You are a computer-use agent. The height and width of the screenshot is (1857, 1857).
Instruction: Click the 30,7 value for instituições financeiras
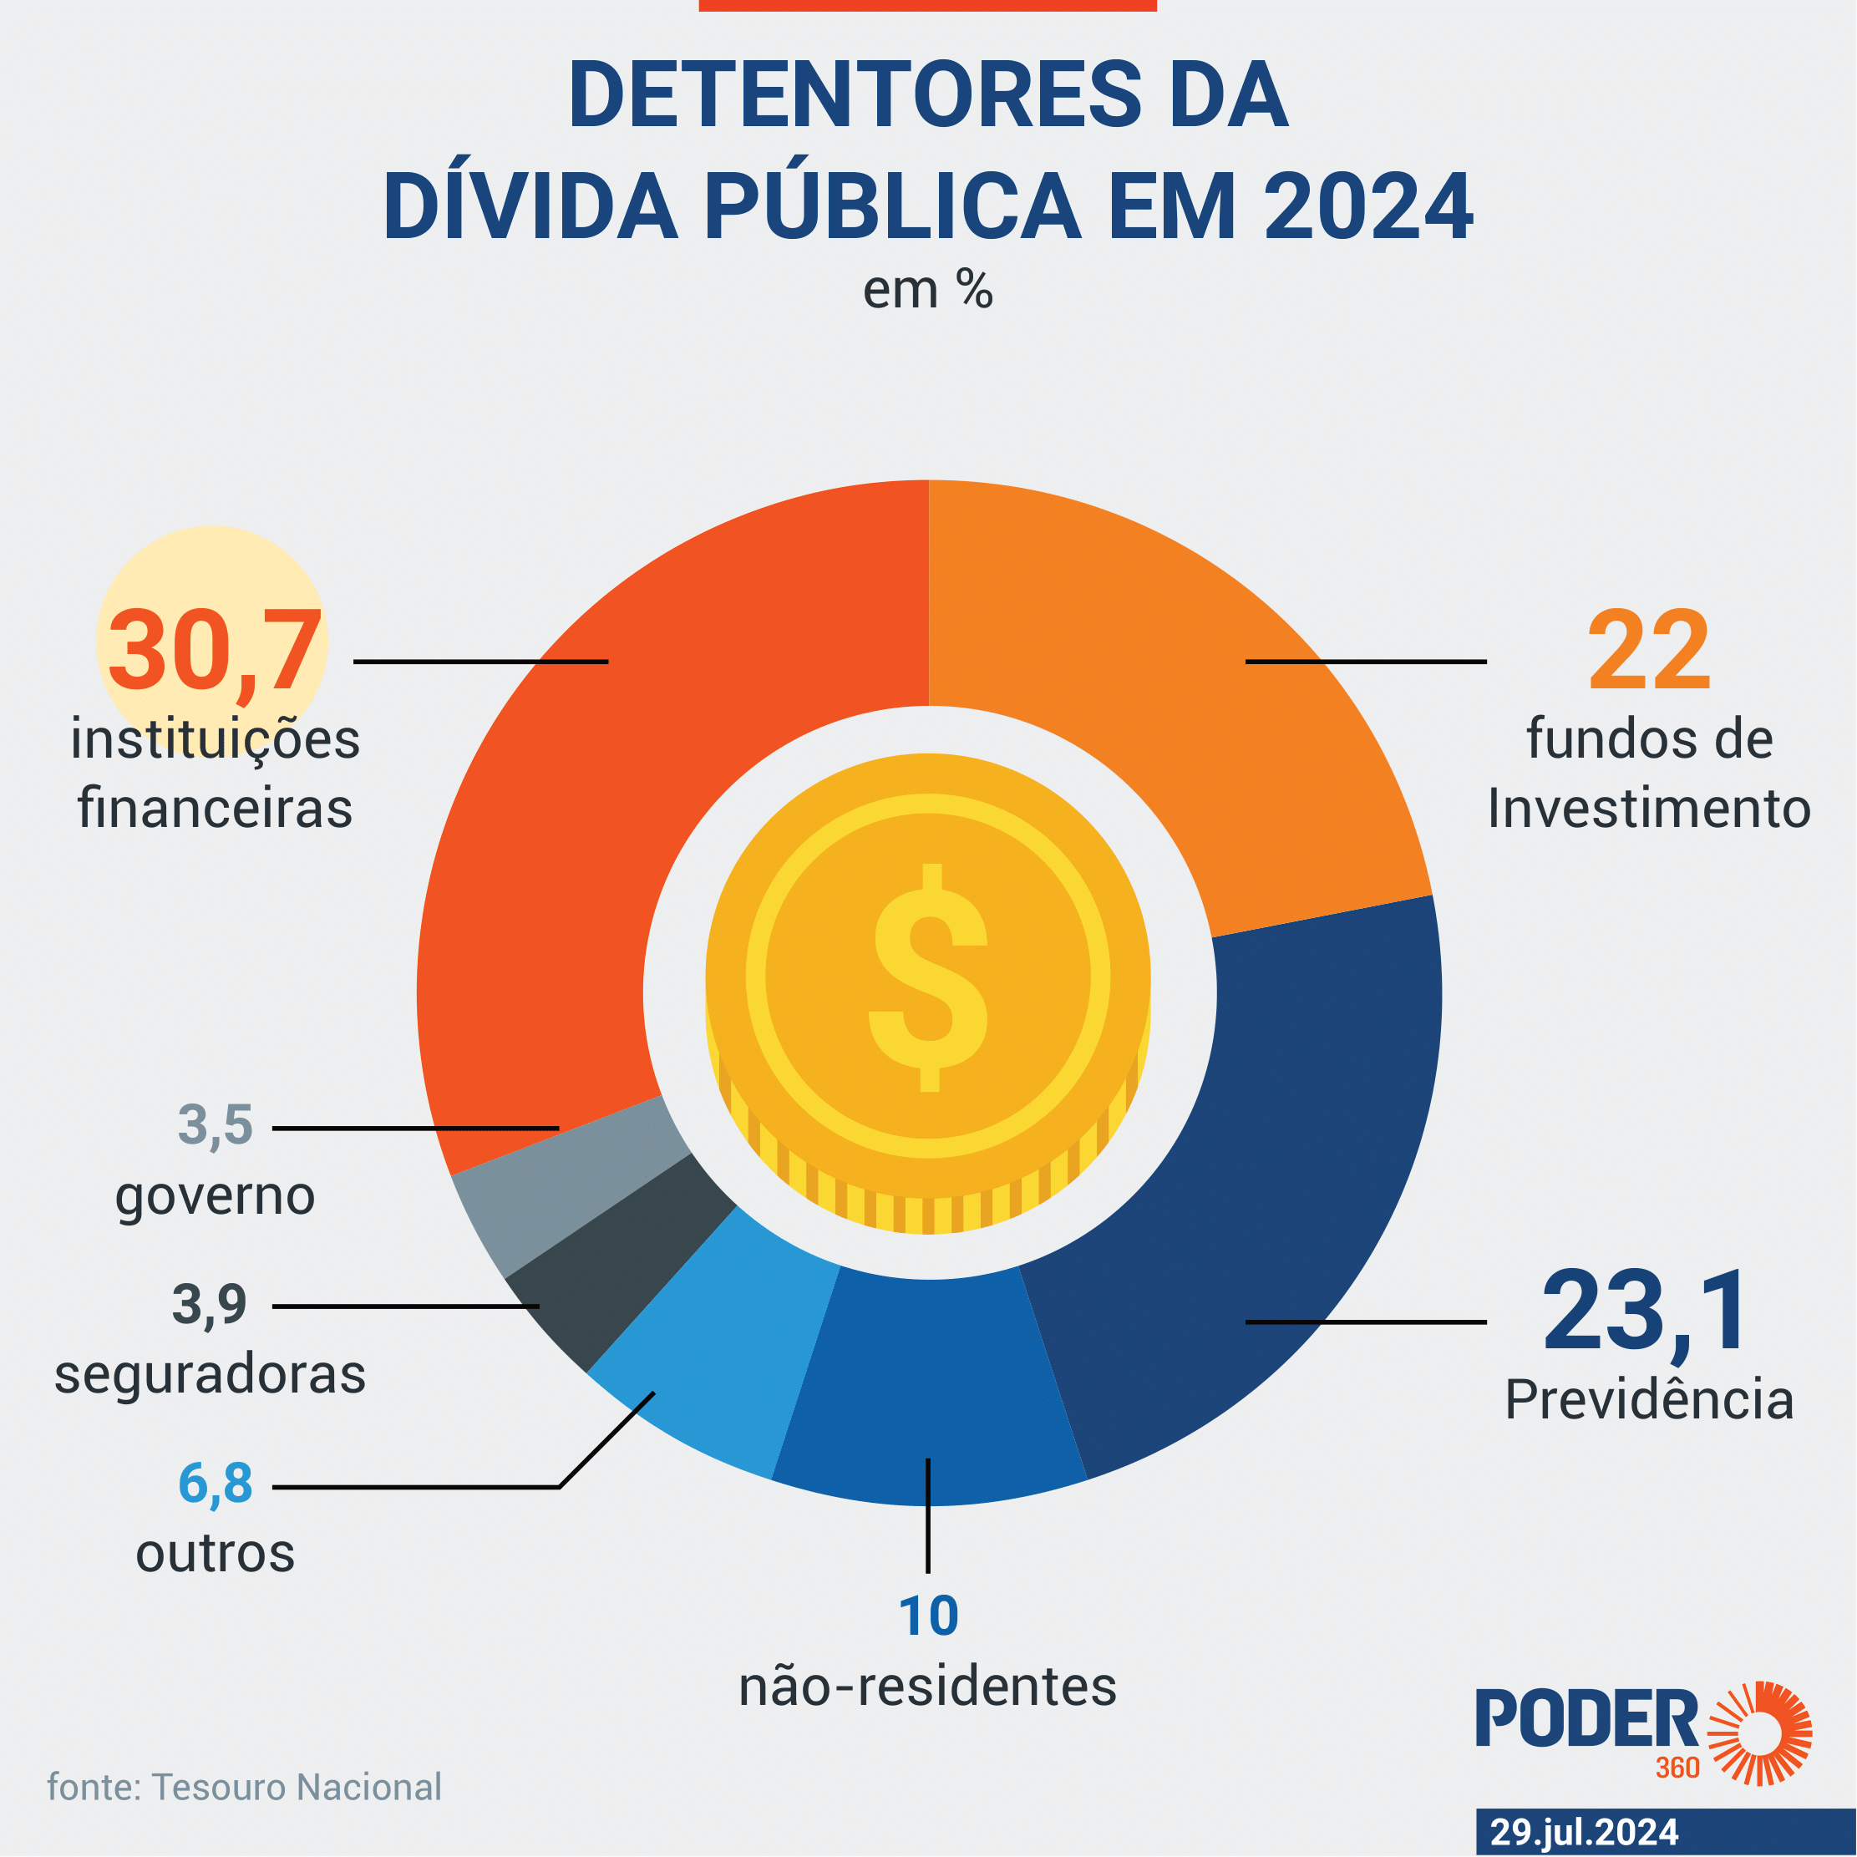[213, 651]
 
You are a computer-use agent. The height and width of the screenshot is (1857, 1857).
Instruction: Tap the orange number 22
[1648, 651]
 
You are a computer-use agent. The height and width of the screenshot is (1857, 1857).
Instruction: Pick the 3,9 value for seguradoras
[209, 1304]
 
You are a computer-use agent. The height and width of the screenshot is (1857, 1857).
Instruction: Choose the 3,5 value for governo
[215, 1124]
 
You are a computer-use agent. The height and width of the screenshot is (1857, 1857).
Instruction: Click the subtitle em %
[927, 289]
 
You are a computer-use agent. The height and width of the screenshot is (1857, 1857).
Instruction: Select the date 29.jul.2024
[1584, 1832]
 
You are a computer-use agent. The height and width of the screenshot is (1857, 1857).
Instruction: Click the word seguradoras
[210, 1373]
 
